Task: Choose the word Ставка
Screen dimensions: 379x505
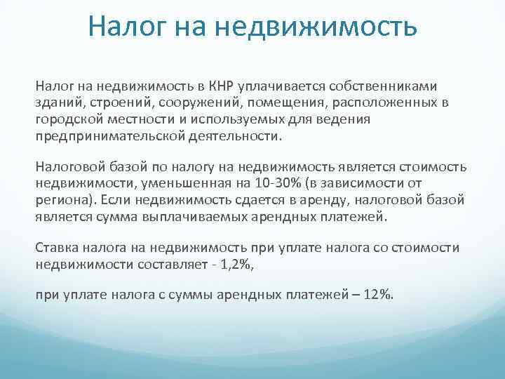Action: tap(54, 249)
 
